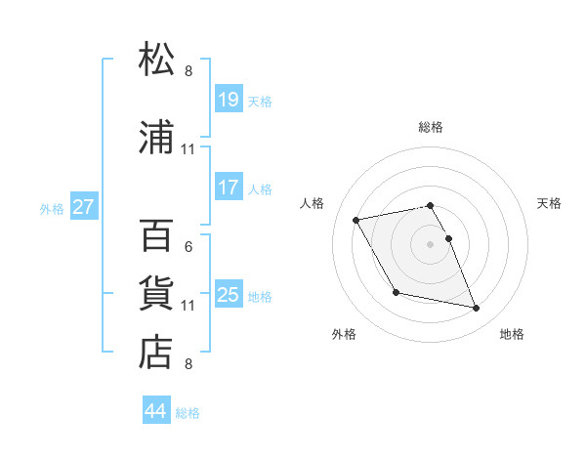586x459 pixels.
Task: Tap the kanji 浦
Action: coord(156,138)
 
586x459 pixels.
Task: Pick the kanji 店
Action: coord(156,354)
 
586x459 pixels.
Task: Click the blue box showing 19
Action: coord(229,100)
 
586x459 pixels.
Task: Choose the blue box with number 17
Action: coord(229,188)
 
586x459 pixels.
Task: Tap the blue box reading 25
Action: coord(229,295)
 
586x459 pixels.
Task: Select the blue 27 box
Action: coord(84,207)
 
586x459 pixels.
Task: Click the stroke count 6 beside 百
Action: coord(188,247)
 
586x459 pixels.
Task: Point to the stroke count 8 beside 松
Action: coord(188,71)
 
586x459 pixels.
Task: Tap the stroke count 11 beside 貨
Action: coord(188,306)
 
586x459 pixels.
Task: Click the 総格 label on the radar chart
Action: coord(431,127)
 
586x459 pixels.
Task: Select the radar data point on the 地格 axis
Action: coord(477,309)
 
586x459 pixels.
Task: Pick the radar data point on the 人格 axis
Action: coord(356,219)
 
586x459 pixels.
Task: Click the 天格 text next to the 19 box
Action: coord(260,102)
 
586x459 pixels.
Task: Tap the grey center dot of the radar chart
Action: coord(431,243)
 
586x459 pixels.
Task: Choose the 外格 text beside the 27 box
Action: coord(52,208)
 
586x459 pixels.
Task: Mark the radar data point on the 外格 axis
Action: coord(396,292)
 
